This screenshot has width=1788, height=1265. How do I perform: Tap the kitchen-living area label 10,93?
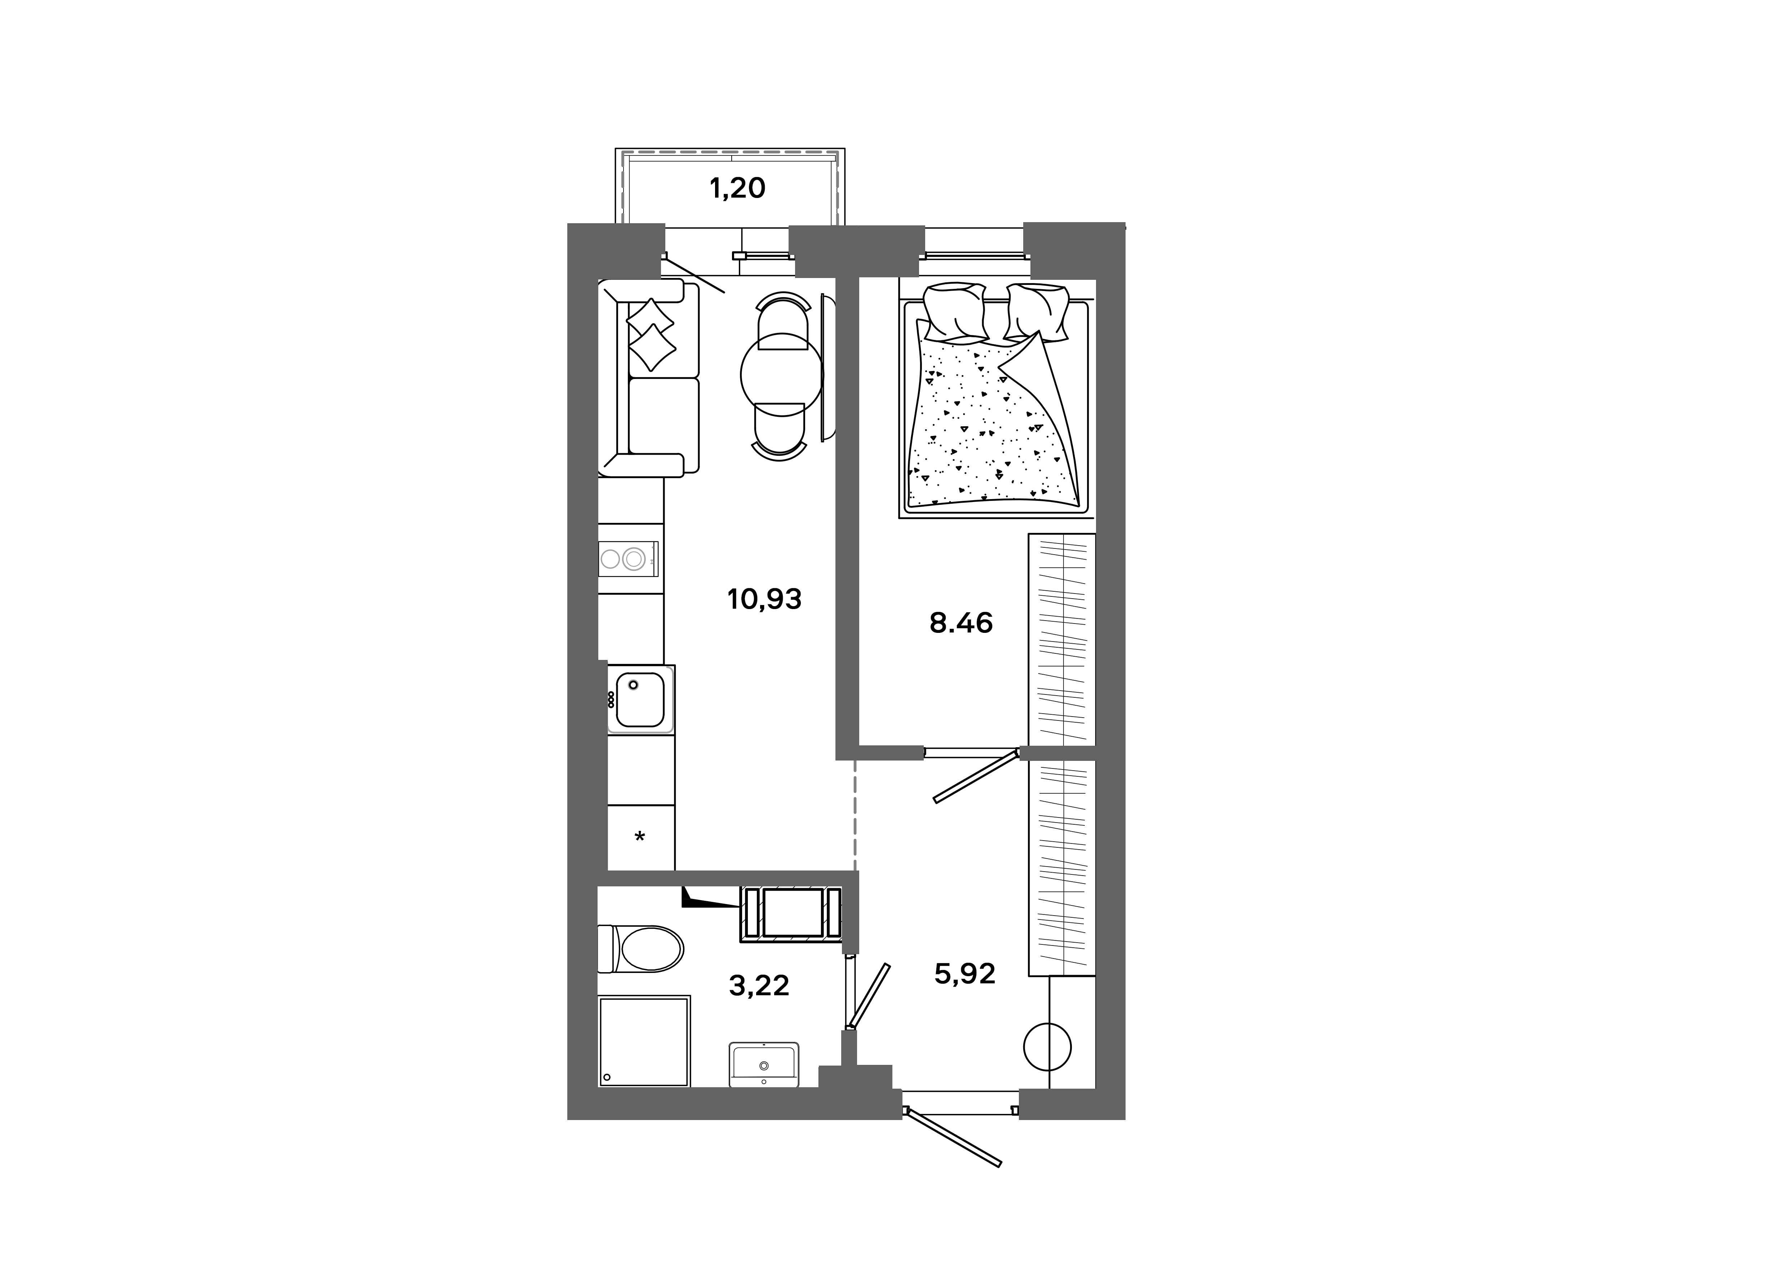pos(764,599)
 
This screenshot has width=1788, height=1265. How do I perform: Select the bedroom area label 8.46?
pos(961,623)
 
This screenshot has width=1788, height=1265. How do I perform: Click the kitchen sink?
pos(640,699)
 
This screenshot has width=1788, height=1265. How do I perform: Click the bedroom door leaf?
pos(977,777)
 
